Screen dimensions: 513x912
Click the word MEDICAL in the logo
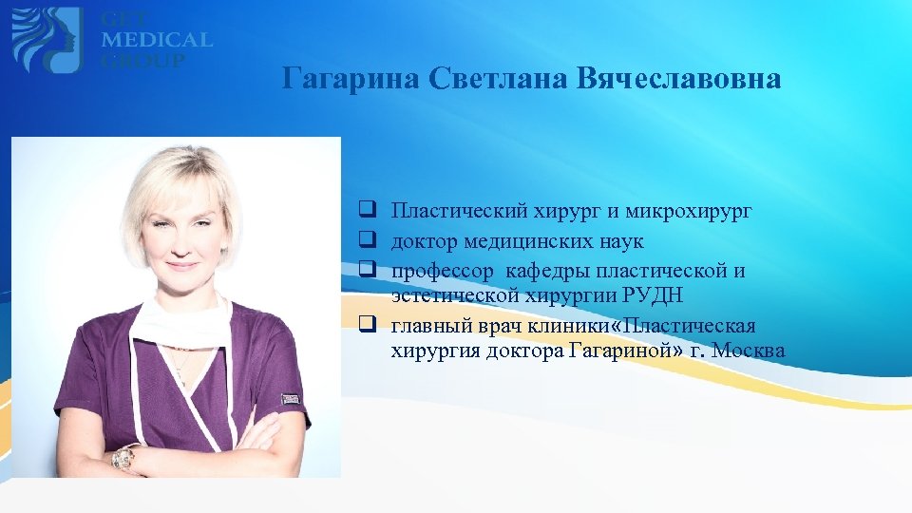click(158, 40)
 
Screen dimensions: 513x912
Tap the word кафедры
click(559, 271)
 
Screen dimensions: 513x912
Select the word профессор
click(442, 271)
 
